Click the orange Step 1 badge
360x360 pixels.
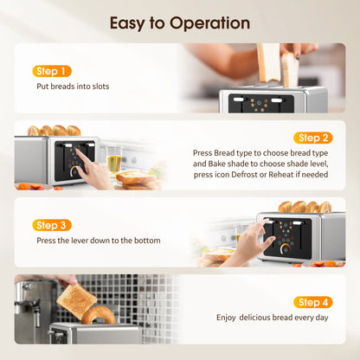point(52,71)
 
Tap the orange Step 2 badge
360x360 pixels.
point(312,138)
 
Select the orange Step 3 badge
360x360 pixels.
point(52,225)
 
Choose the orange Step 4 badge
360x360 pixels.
point(312,302)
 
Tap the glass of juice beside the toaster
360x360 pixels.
point(114,162)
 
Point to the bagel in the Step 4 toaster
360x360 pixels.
point(99,315)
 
